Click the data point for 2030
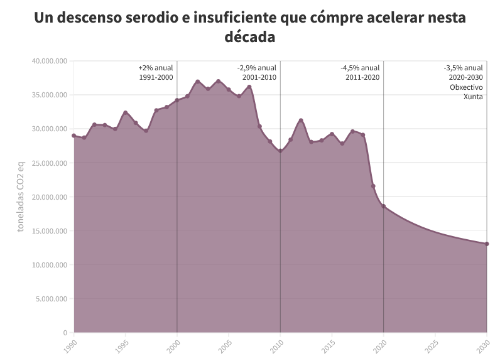pyautogui.click(x=486, y=244)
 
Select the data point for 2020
pyautogui.click(x=383, y=207)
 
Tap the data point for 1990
pyautogui.click(x=74, y=136)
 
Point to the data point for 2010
pyautogui.click(x=280, y=151)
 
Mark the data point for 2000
pyautogui.click(x=177, y=100)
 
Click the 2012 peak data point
pyautogui.click(x=301, y=121)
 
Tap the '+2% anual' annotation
pyautogui.click(x=155, y=68)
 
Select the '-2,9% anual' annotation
pyautogui.click(x=257, y=68)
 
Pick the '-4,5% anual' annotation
pyautogui.click(x=360, y=68)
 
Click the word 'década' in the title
pyautogui.click(x=249, y=37)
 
